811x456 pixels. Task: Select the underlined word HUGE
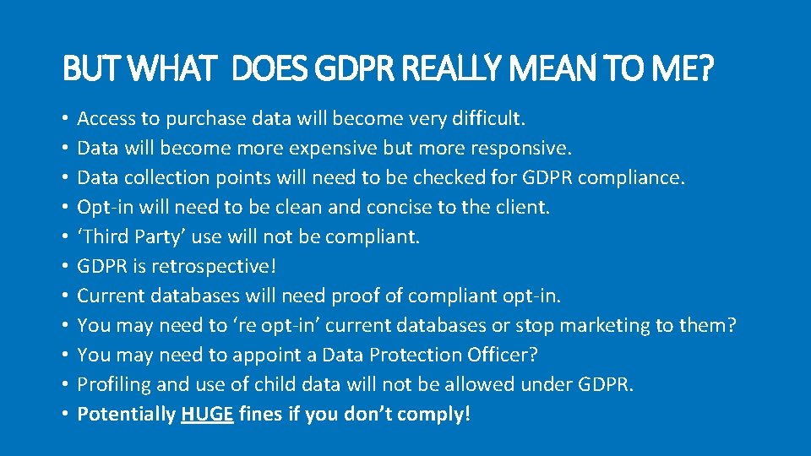click(207, 415)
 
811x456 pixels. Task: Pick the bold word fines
click(260, 415)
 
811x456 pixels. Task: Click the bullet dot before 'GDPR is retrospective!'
click(66, 267)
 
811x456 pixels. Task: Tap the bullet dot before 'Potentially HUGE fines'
click(66, 415)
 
